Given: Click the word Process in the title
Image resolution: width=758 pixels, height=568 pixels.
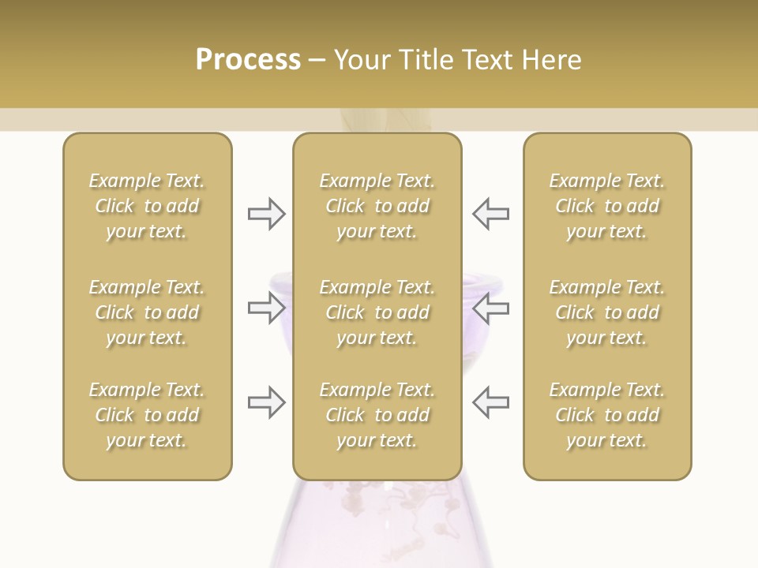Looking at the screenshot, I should (248, 60).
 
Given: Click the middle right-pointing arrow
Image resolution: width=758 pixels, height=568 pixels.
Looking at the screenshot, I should (266, 308).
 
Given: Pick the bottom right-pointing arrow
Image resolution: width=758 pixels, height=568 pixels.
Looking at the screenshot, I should (266, 402).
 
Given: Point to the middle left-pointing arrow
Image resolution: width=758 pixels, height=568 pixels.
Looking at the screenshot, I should (490, 308).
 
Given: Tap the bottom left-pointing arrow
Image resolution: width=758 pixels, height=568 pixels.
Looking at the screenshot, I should (490, 402).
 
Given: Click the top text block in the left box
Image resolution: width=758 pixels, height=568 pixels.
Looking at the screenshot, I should (147, 206).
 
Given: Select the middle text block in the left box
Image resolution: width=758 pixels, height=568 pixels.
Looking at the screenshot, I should (147, 312).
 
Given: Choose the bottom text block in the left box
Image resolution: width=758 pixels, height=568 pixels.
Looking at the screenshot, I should (147, 415).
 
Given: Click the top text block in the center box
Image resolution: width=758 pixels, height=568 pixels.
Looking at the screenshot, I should (377, 206).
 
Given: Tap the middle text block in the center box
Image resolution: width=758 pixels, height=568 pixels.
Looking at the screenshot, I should (377, 312).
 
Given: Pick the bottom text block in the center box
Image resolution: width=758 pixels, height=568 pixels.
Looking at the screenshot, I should (377, 415).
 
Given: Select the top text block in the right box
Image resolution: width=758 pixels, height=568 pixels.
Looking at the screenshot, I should (606, 206).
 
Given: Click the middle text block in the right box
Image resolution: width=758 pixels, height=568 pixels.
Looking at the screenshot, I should (606, 312).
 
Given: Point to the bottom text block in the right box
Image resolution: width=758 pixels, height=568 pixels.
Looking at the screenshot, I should (606, 415).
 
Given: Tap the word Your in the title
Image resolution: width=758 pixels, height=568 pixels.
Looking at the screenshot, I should (361, 60).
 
